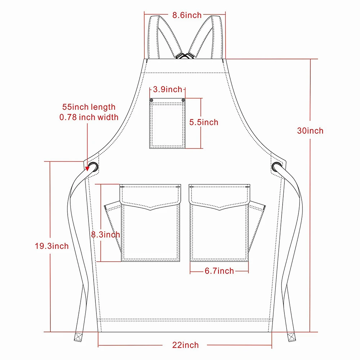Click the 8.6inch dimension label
(x=186, y=15)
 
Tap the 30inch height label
(x=310, y=131)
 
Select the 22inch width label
(x=185, y=345)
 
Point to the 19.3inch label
(x=51, y=246)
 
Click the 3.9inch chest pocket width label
(x=167, y=89)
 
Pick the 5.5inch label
(x=204, y=122)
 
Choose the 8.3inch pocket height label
(x=105, y=234)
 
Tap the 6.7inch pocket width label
(x=219, y=271)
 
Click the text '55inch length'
(x=89, y=107)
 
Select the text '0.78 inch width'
(x=89, y=117)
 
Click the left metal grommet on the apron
(x=93, y=166)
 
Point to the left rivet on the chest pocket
(x=152, y=100)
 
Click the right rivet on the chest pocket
(x=183, y=100)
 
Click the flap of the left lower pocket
(x=150, y=196)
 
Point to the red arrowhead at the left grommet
(x=88, y=167)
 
